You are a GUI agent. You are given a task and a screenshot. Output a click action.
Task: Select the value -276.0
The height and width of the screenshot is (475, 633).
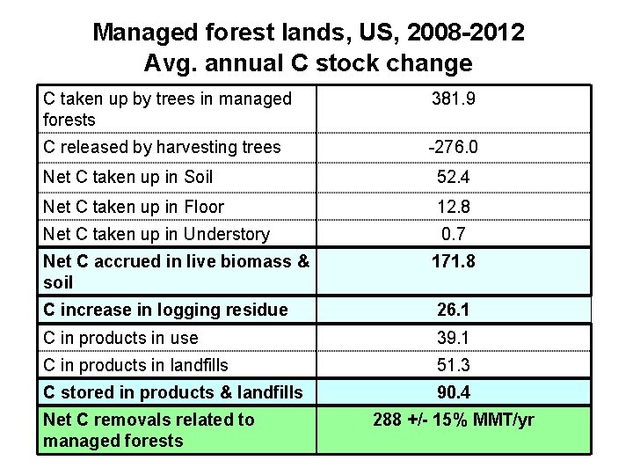click(454, 148)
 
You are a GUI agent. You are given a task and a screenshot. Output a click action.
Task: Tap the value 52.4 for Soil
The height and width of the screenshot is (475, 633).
click(454, 178)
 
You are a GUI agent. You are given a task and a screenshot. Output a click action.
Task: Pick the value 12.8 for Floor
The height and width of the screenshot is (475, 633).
click(454, 208)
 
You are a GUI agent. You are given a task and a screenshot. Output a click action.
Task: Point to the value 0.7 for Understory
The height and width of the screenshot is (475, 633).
click(454, 234)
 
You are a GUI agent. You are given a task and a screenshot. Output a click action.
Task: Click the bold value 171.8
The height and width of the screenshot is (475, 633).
click(454, 262)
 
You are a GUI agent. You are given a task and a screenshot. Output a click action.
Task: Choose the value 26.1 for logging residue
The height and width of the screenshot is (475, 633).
click(454, 310)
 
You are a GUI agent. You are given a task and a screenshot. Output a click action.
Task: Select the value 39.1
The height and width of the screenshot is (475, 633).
click(454, 339)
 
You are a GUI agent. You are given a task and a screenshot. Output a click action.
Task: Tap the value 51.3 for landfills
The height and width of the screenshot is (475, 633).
click(454, 365)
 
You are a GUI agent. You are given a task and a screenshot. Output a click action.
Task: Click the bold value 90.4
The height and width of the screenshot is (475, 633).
click(454, 393)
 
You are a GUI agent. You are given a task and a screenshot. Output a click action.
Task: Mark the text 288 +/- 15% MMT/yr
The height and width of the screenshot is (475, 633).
click(454, 420)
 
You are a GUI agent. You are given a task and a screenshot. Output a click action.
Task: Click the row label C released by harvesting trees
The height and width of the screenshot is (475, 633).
click(162, 148)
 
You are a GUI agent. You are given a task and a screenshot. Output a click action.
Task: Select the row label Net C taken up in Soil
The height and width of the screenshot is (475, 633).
click(127, 178)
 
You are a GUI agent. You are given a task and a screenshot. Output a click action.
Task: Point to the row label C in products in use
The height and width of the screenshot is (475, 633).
click(120, 339)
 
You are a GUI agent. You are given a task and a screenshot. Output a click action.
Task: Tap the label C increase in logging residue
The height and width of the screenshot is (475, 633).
click(165, 310)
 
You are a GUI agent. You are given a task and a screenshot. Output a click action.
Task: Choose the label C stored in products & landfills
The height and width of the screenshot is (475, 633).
click(173, 393)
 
